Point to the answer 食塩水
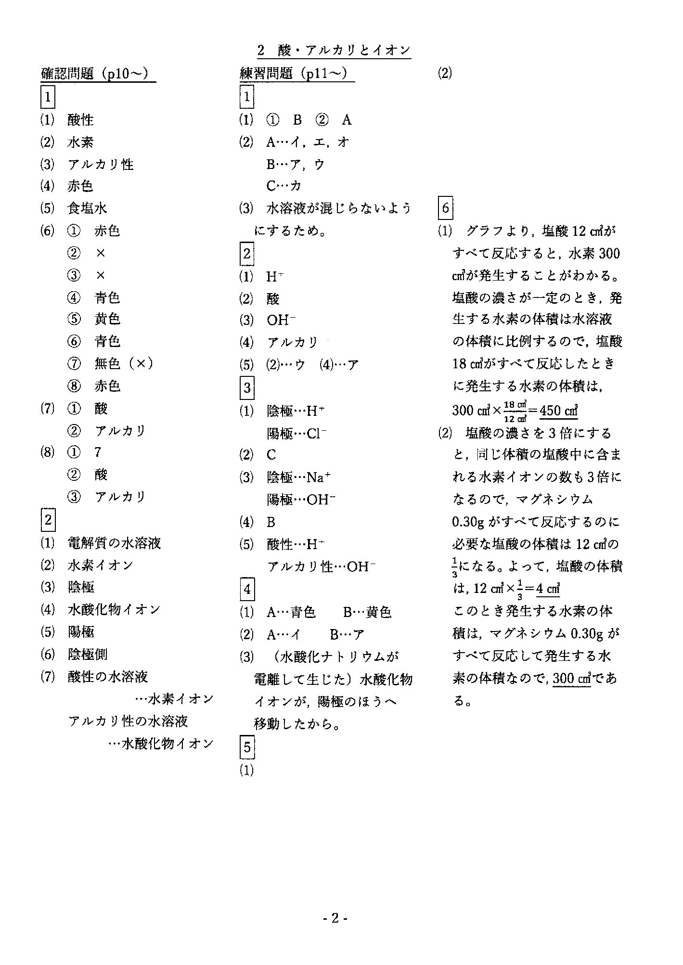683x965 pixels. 87,208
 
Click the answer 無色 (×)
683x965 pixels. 124,364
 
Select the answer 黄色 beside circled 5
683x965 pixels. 107,319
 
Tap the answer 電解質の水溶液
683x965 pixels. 114,543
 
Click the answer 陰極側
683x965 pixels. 87,655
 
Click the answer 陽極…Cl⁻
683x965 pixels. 296,434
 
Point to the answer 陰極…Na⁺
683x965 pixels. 298,477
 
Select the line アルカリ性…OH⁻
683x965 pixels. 321,567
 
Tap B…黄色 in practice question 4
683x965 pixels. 367,612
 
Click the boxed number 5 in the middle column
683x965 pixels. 247,747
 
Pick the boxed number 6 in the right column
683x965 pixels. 445,208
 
